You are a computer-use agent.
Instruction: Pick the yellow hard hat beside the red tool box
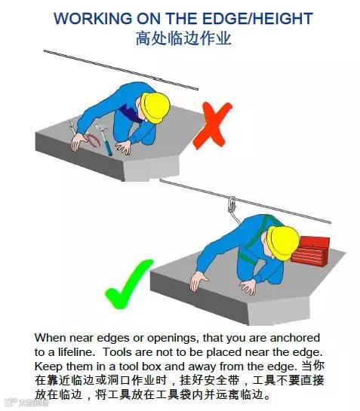click(x=284, y=240)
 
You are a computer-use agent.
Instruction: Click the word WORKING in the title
click(x=96, y=19)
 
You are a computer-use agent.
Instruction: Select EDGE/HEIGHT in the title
click(x=252, y=19)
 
